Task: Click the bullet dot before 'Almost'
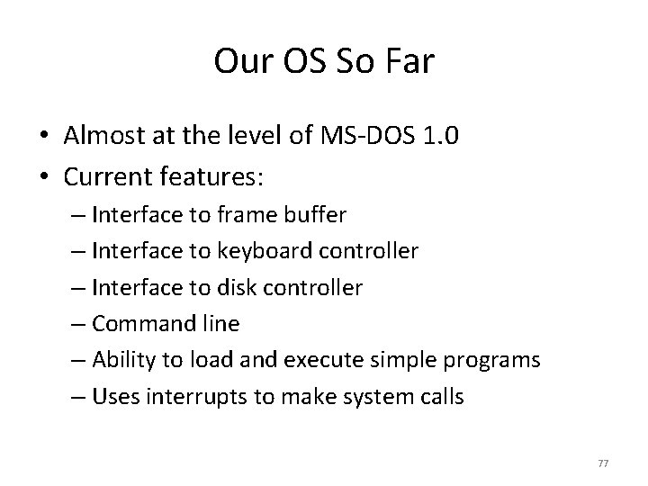point(45,137)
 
